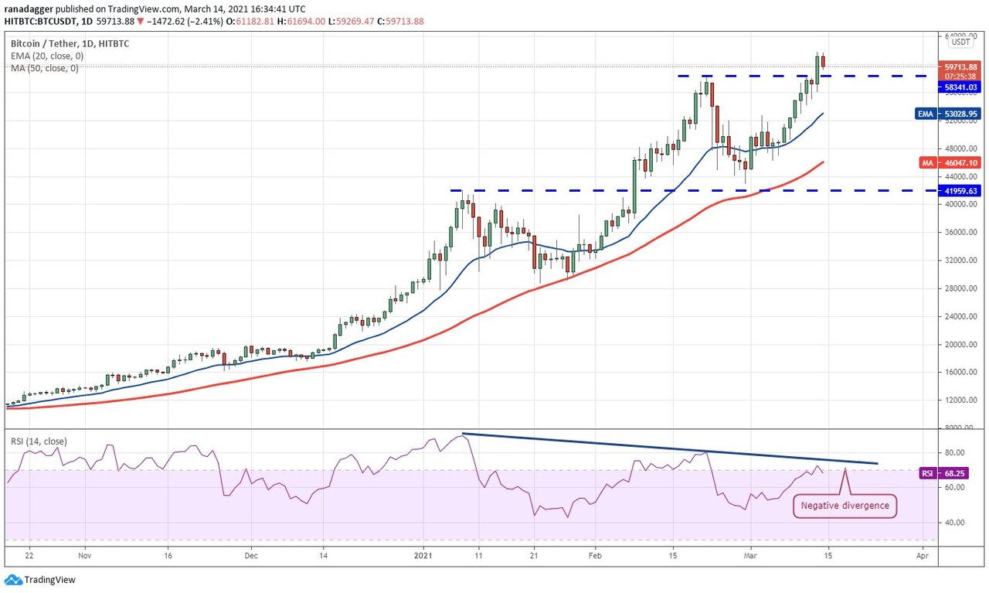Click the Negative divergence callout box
tap(845, 506)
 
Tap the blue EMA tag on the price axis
tap(926, 114)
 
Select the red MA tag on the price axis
tap(927, 163)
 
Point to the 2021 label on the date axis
tap(422, 555)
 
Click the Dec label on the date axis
tap(250, 555)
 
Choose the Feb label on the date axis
tap(595, 555)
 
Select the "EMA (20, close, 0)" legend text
tap(47, 56)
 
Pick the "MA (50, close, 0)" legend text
tap(45, 68)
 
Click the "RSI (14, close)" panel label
tap(39, 441)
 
